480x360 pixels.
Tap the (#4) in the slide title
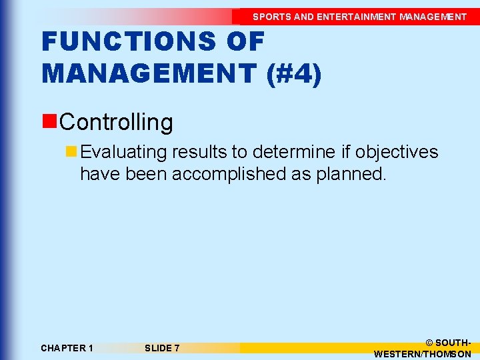(x=293, y=72)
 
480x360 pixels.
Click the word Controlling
(x=116, y=122)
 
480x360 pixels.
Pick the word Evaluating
(x=123, y=152)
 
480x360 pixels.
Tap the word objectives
(x=397, y=152)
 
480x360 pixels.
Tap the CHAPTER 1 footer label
(x=67, y=348)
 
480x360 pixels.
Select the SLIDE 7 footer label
(x=162, y=348)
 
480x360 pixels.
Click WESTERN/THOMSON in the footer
(x=423, y=354)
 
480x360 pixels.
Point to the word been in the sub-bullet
(x=143, y=174)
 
